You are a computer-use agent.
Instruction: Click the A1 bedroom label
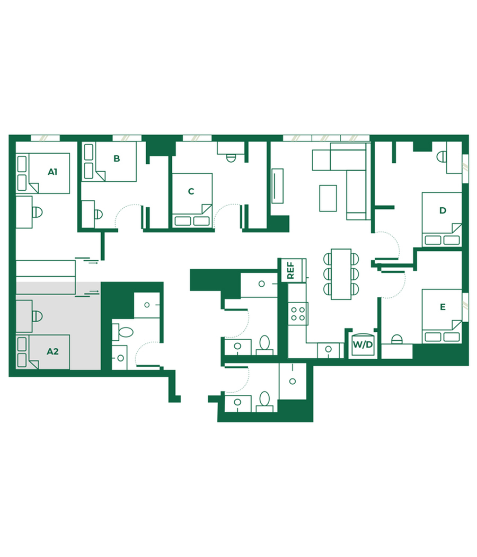pos(52,172)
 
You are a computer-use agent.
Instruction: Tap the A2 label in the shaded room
pos(52,352)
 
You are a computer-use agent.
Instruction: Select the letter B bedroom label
pos(117,159)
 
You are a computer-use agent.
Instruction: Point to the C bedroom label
pos(191,191)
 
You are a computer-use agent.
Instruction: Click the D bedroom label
pos(443,210)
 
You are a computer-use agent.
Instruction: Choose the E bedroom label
pos(443,307)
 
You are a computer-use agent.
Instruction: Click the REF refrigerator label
pos(290,270)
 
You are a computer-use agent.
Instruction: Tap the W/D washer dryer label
pos(363,344)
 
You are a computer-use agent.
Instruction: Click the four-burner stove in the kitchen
pos(298,314)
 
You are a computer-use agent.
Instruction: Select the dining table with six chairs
pos(341,274)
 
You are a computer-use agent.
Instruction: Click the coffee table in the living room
pos(328,198)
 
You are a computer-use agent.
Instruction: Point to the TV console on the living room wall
pos(277,186)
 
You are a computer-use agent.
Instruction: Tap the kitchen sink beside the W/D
pos(328,350)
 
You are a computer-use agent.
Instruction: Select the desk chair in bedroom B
pos(99,214)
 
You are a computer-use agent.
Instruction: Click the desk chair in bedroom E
pos(397,339)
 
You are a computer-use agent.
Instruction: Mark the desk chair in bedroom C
pos(231,158)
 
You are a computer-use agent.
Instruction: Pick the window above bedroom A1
pos(45,138)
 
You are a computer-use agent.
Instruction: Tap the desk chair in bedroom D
pos(442,157)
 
